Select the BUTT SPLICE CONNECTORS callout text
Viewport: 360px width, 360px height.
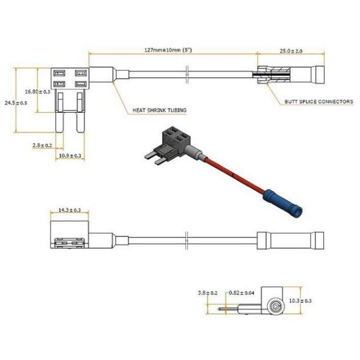[x=319, y=102]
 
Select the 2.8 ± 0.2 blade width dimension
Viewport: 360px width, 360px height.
[x=43, y=146]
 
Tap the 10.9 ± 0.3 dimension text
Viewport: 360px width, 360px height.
[x=70, y=156]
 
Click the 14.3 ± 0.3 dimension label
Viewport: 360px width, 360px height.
[x=70, y=210]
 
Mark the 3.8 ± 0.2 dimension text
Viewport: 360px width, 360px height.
[x=207, y=293]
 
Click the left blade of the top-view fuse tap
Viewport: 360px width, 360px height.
[x=60, y=121]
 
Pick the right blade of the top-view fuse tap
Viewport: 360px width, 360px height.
[x=79, y=121]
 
